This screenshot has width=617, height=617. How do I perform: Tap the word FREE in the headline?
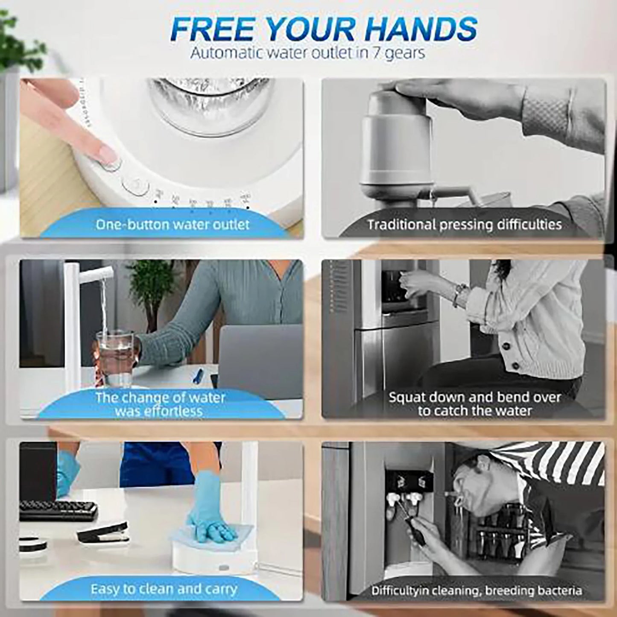click(x=206, y=29)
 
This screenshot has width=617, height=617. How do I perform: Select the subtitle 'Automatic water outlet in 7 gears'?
click(x=307, y=53)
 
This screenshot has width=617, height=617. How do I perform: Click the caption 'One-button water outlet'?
click(x=173, y=225)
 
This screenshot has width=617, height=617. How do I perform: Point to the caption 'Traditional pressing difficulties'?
click(x=465, y=225)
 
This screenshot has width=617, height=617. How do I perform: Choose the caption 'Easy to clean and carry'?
click(x=164, y=590)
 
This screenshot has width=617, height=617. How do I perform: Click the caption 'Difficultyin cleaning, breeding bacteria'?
click(x=476, y=591)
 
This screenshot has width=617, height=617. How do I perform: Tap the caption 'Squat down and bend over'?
click(x=474, y=397)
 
